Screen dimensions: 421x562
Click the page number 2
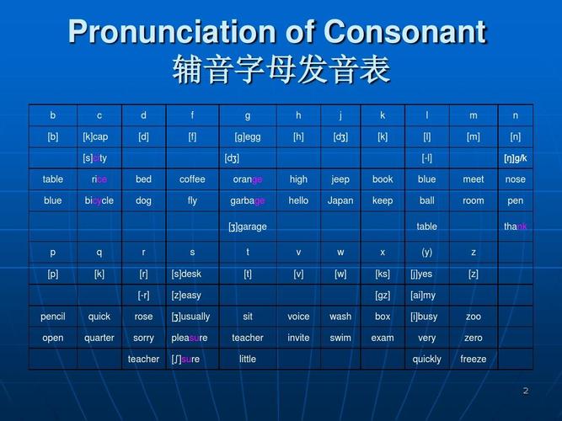526,390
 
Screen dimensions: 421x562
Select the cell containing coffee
192,179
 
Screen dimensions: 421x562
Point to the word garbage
248,201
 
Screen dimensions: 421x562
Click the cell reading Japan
340,201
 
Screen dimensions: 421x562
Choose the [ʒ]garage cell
248,226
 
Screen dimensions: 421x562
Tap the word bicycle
99,201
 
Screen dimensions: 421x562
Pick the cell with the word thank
515,226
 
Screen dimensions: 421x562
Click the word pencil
52,317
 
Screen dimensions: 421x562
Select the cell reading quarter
99,338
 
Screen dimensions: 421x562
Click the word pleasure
192,338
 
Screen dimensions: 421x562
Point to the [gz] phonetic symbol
383,296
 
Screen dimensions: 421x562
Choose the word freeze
473,359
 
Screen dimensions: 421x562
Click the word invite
298,338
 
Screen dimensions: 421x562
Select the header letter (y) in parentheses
426,252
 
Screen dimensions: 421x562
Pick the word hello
298,201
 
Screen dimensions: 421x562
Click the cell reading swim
340,338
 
